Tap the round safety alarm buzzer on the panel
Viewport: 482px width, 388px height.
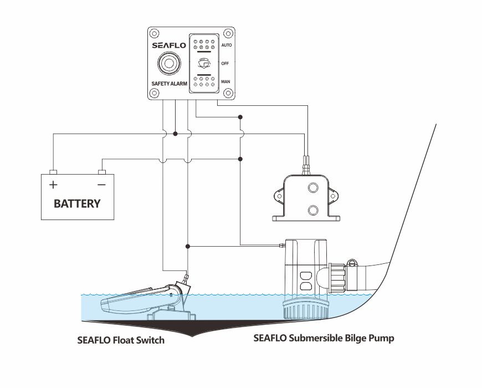[x=168, y=65]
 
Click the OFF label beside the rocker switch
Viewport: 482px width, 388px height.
[x=225, y=63]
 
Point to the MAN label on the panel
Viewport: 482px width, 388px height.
[x=225, y=82]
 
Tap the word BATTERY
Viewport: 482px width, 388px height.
[x=77, y=203]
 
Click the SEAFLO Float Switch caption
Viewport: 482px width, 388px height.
[x=121, y=340]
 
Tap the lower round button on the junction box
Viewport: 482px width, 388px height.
[x=312, y=210]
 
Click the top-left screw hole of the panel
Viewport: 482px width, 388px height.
[x=154, y=33]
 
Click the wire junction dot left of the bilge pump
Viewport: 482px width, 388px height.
[x=188, y=246]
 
